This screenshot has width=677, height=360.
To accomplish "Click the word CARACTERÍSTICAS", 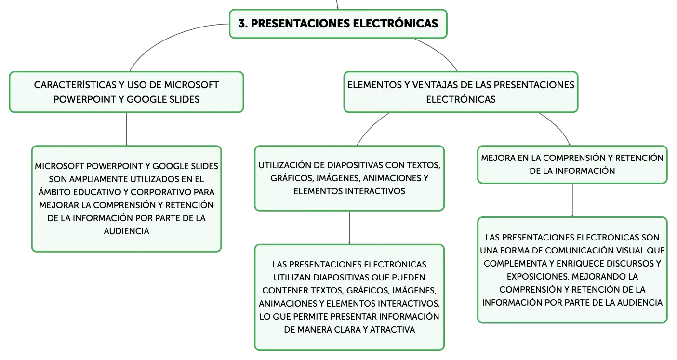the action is (x=75, y=85).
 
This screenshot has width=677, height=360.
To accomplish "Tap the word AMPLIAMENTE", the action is (x=98, y=179).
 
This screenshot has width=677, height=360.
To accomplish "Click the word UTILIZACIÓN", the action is (x=288, y=165).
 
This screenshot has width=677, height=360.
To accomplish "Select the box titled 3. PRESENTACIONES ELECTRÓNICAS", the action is (x=338, y=24).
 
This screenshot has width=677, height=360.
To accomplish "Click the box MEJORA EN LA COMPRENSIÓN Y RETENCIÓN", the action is (x=572, y=164).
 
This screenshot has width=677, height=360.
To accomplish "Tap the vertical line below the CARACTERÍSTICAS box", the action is (x=126, y=129).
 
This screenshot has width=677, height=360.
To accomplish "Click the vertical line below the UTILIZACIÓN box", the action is (x=349, y=227).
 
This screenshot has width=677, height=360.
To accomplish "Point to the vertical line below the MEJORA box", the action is (x=572, y=200).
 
